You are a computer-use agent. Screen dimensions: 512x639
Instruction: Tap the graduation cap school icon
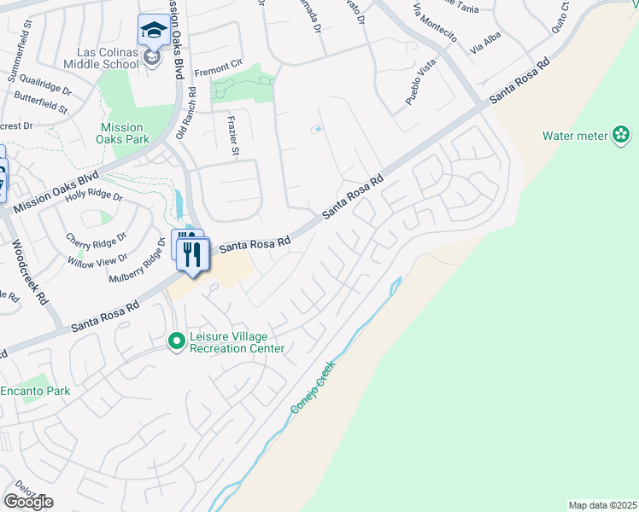click(x=154, y=31)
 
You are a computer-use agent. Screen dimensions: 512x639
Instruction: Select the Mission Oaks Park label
click(x=120, y=133)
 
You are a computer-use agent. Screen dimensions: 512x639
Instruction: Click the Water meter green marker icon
click(x=621, y=135)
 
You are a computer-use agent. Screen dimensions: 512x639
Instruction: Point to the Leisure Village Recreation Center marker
click(x=177, y=341)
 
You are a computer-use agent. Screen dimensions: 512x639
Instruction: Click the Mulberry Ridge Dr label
click(x=136, y=264)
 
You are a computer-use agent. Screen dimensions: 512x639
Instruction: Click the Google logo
click(x=28, y=501)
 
